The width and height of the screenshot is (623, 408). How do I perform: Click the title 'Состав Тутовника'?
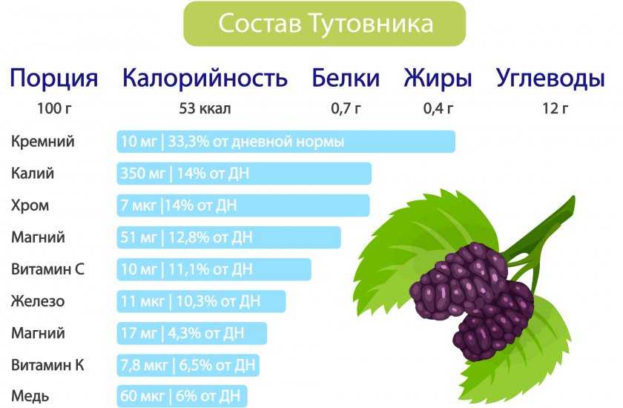pos(326,24)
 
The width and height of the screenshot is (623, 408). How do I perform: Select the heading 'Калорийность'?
pos(205,77)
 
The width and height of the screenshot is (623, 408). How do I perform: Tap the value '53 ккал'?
pos(205,108)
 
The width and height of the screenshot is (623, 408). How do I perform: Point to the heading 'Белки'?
pos(346,77)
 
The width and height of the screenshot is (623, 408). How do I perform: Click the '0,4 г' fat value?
pos(438,108)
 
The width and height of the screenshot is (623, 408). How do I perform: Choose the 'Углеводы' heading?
pos(550,79)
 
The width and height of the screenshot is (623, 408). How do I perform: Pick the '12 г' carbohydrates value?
pos(556,108)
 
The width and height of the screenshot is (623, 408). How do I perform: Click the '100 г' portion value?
pos(54,108)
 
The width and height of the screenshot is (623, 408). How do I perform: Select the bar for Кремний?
pos(286,142)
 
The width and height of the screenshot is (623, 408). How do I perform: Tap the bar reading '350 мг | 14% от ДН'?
pos(244,173)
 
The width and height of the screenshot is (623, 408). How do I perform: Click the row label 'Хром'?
pos(30,205)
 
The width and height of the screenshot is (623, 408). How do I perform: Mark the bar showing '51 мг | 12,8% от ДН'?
pos(228,237)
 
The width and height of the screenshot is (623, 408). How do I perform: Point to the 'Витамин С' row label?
pos(47,269)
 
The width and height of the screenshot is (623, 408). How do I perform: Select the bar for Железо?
pos(201,301)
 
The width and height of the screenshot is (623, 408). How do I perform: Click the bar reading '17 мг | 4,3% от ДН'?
pos(191,333)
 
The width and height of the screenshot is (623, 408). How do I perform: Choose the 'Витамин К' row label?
pos(47,365)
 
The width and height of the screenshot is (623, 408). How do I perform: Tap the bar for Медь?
pos(182,396)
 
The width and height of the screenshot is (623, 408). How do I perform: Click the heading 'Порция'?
pos(53,79)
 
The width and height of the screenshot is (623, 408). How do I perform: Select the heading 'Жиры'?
pos(438,79)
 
